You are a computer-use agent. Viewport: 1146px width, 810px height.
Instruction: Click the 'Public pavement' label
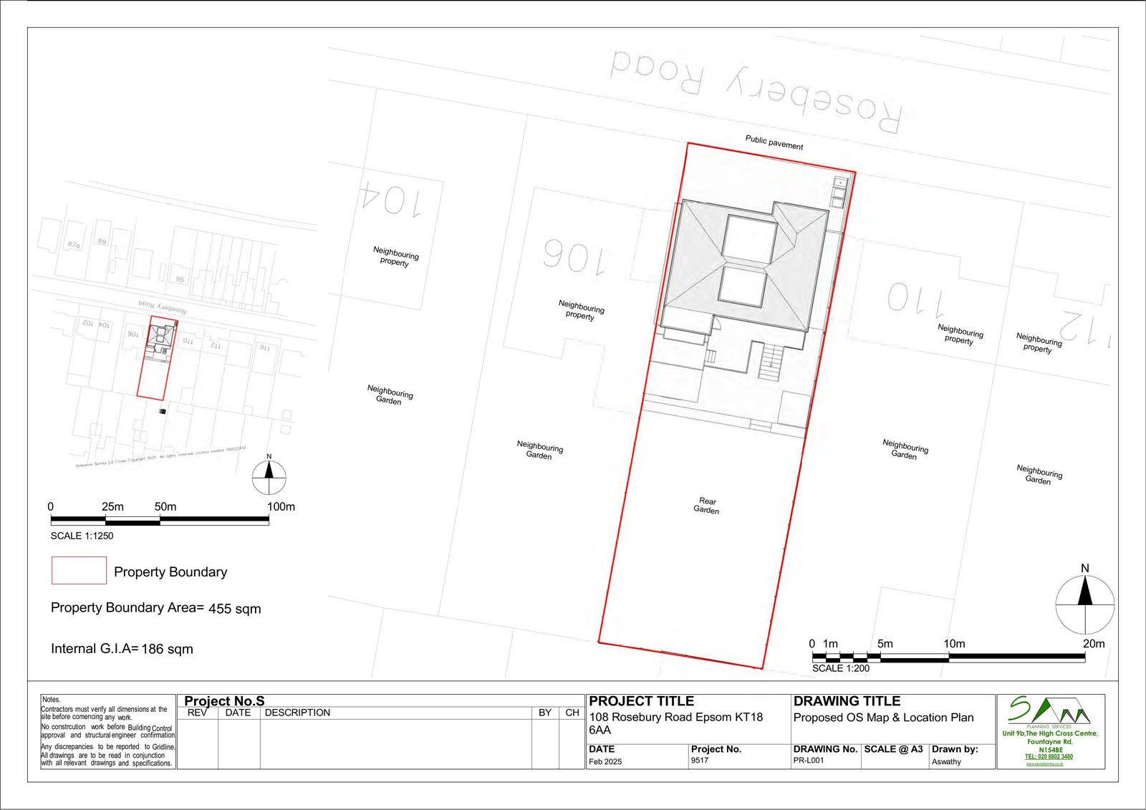point(774,143)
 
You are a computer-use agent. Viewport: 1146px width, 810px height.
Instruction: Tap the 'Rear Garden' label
point(707,506)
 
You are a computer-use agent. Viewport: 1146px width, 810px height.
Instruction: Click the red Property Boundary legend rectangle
point(79,571)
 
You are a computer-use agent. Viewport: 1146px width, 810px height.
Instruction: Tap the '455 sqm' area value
point(235,609)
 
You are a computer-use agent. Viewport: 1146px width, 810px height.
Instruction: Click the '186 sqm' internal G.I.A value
point(168,650)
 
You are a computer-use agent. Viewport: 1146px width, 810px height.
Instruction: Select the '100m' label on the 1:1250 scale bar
point(281,507)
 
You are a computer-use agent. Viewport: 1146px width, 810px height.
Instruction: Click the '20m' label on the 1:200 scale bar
point(1094,644)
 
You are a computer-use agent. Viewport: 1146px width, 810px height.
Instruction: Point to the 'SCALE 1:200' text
point(841,669)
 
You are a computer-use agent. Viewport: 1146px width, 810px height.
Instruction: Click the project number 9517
point(700,761)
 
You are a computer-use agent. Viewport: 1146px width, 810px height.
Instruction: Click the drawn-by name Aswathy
point(946,761)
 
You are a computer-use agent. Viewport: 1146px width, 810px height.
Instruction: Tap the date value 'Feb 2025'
point(605,761)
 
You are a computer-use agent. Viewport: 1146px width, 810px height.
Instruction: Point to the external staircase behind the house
point(771,361)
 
